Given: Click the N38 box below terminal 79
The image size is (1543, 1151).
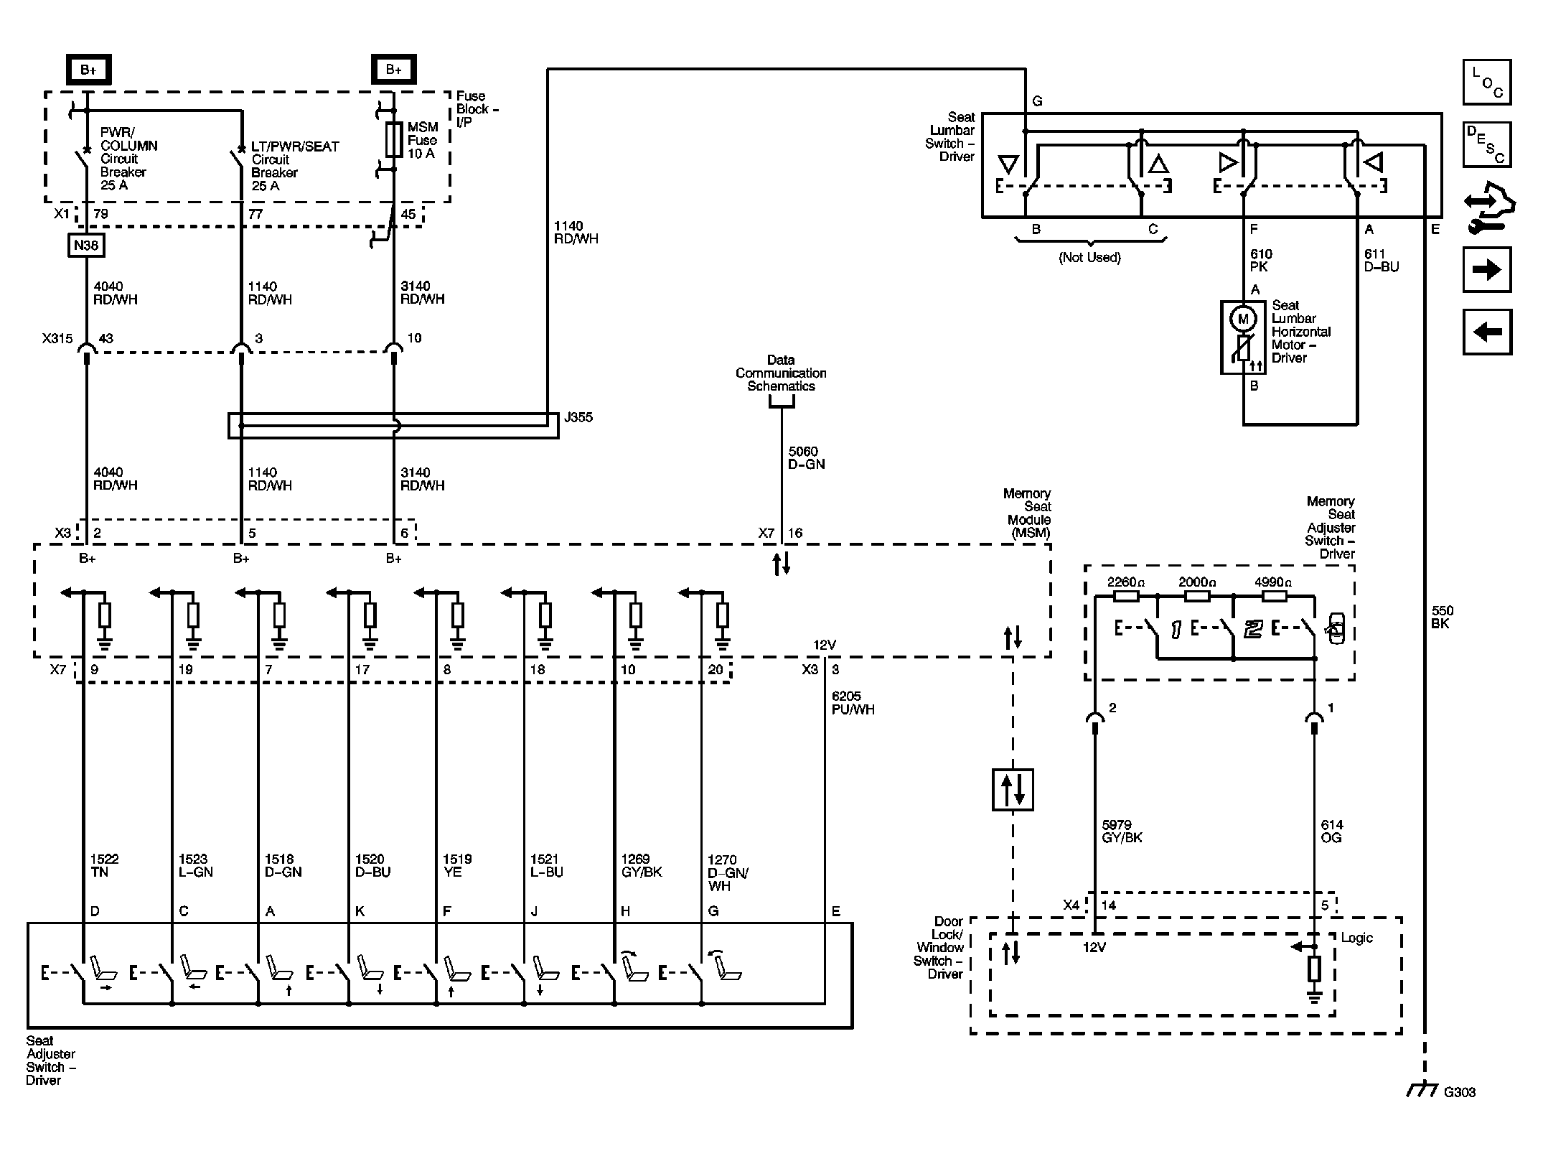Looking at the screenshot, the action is [x=86, y=246].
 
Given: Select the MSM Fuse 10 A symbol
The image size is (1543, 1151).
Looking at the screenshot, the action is [x=394, y=139].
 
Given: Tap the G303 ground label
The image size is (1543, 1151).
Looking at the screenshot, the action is [x=1459, y=1092].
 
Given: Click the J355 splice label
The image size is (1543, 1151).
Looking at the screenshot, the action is [x=578, y=417].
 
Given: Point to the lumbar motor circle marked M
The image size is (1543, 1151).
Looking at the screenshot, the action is [x=1243, y=319].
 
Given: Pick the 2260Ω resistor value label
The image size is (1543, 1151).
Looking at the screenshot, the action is [x=1126, y=582].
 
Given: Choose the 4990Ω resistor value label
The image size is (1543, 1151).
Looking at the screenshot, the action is [x=1273, y=582].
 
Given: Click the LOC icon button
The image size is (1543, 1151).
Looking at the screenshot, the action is [x=1487, y=83].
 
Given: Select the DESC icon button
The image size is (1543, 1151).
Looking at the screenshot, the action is [x=1487, y=144].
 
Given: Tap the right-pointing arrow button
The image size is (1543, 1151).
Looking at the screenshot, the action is [x=1487, y=270].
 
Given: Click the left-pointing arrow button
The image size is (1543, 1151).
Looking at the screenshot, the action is [x=1487, y=332].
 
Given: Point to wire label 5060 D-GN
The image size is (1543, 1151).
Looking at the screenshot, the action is [x=807, y=458].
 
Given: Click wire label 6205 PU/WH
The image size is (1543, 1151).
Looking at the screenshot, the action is [x=853, y=703].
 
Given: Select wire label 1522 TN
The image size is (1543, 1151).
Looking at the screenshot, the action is [x=104, y=865].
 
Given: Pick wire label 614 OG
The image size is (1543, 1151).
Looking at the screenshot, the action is [x=1331, y=831].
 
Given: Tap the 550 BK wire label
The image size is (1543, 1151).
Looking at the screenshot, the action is [x=1442, y=618].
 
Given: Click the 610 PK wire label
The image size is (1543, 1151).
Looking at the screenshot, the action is [x=1261, y=261].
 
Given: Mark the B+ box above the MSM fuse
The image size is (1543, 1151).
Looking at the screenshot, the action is [x=394, y=70].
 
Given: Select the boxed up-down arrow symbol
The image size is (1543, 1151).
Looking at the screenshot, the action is [x=1013, y=790].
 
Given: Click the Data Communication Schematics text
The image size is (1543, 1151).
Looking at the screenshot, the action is [x=781, y=373].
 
